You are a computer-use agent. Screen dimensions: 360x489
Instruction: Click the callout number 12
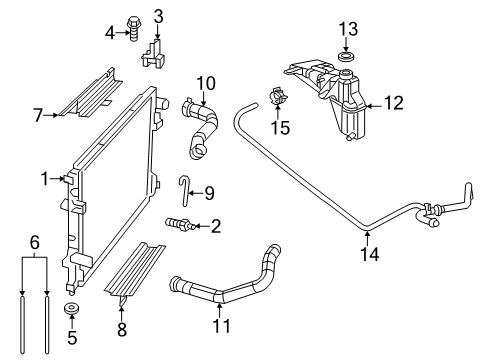pyautogui.click(x=395, y=102)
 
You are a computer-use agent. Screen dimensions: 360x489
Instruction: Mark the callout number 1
pyautogui.click(x=45, y=179)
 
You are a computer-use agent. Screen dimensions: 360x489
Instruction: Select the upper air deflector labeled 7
pyautogui.click(x=96, y=96)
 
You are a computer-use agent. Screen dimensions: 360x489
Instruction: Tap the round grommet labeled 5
pyautogui.click(x=72, y=308)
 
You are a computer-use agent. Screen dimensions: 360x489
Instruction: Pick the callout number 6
pyautogui.click(x=34, y=242)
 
